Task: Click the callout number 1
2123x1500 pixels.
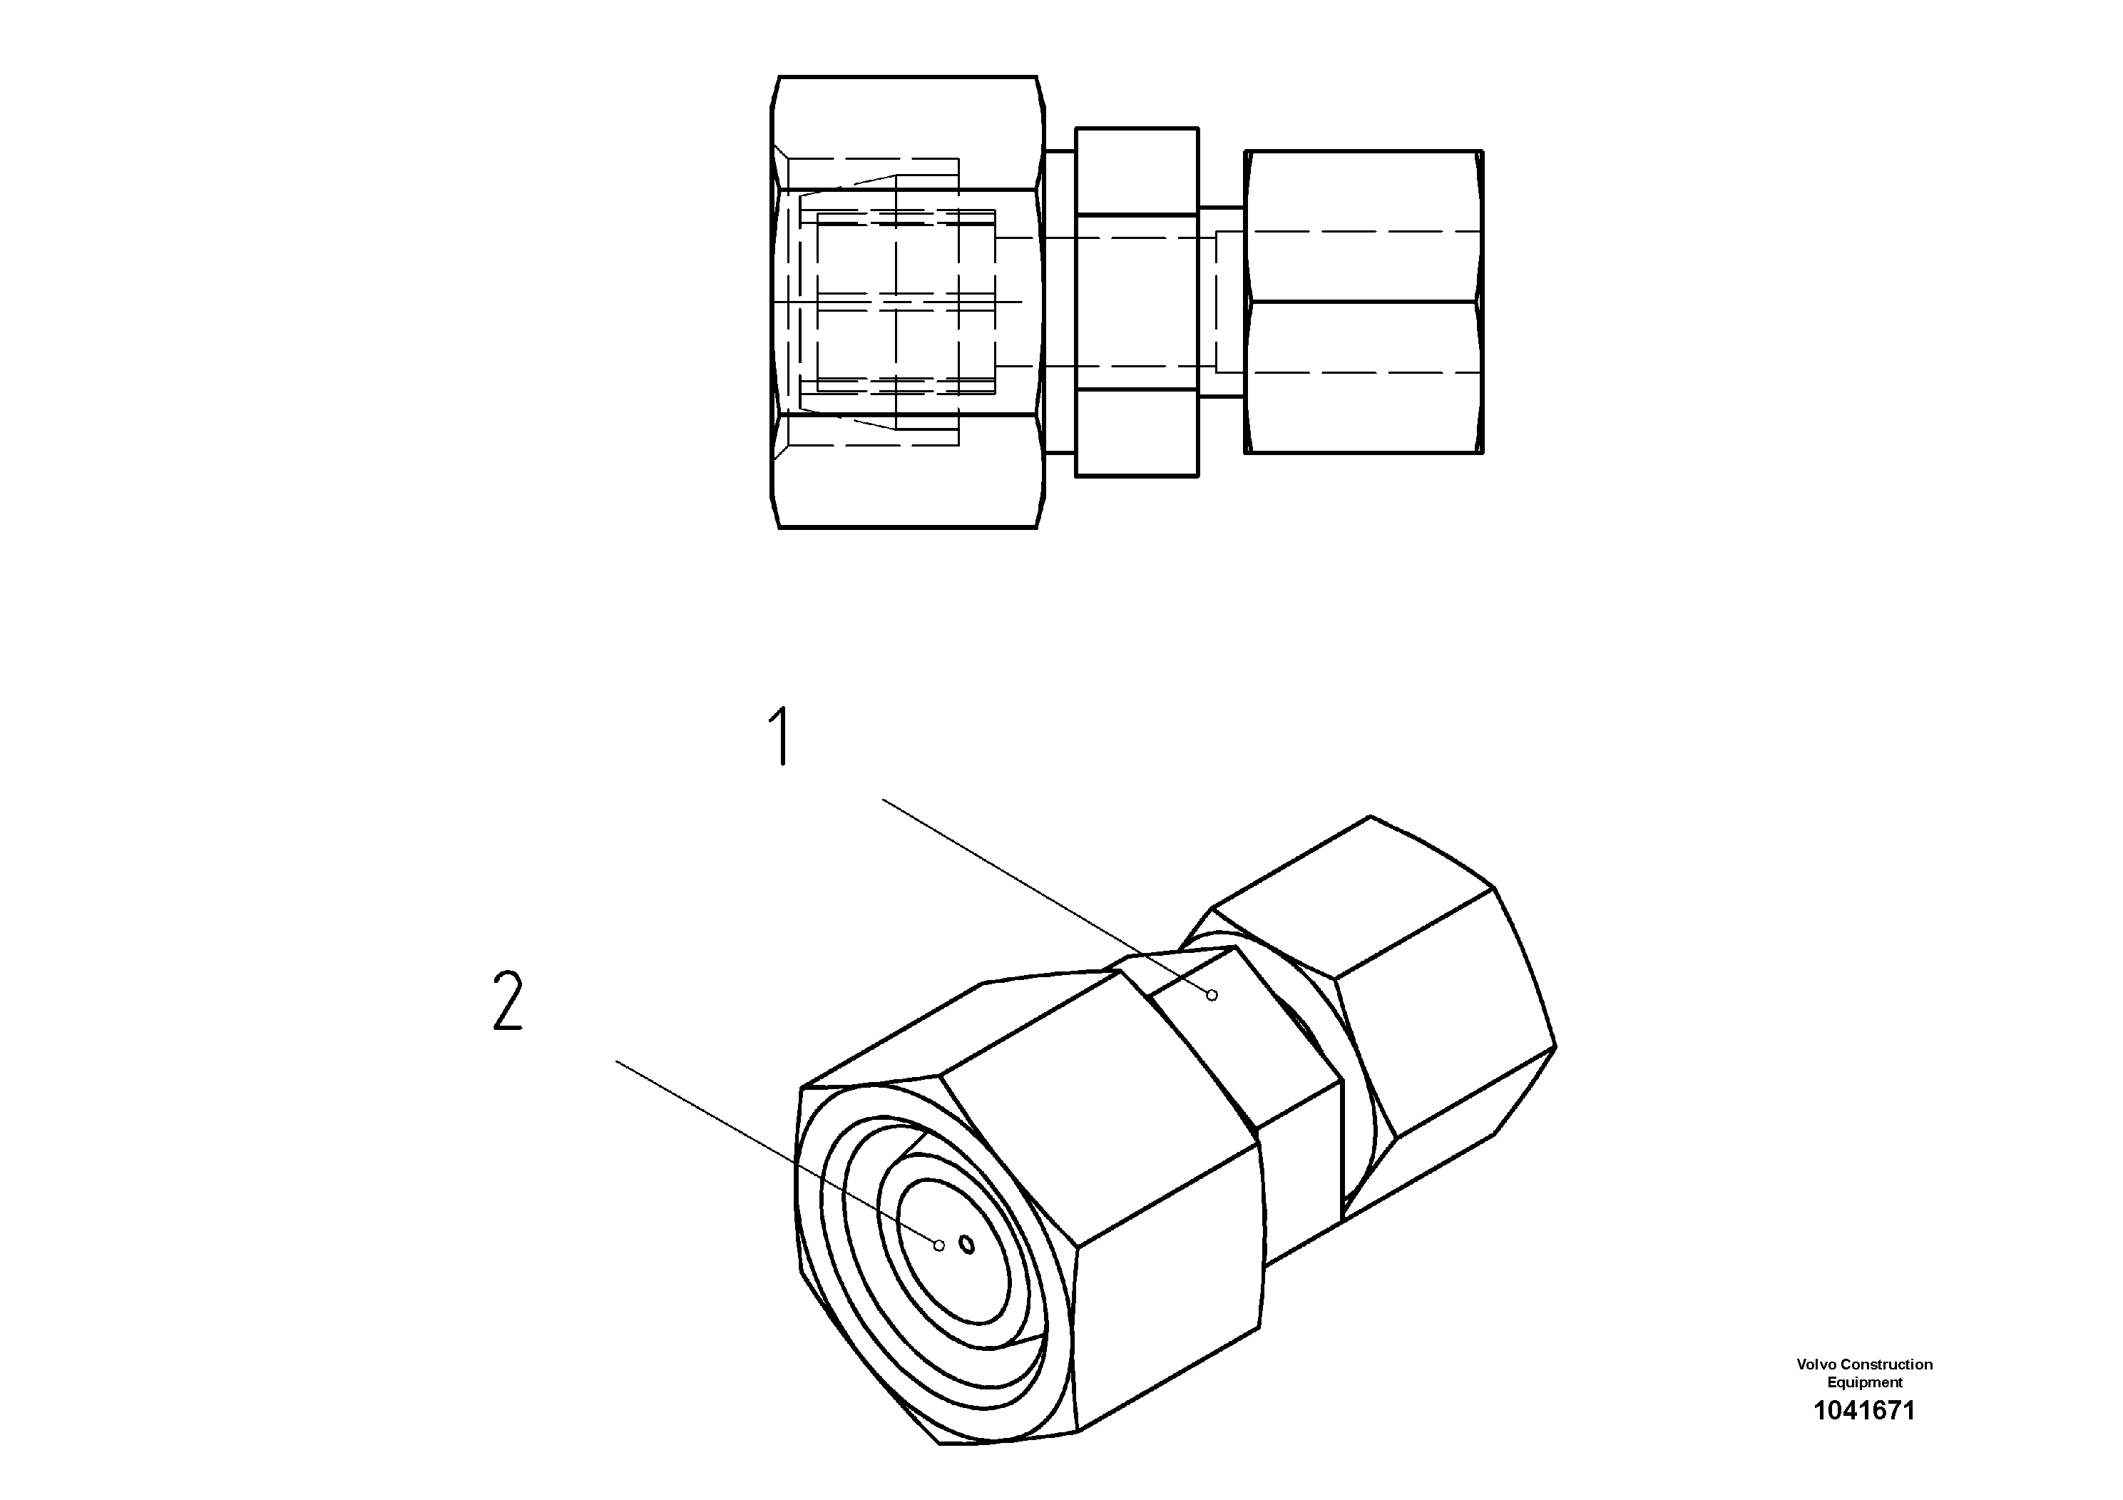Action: [x=782, y=736]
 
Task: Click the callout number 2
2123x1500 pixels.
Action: [x=508, y=1001]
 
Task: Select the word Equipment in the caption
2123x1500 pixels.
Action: [x=1864, y=1382]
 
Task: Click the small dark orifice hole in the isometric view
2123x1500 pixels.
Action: [x=967, y=1244]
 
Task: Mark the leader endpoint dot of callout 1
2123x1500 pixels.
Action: [x=1212, y=995]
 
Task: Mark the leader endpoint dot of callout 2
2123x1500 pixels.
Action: [x=939, y=1245]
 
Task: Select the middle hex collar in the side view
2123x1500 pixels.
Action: [x=1137, y=302]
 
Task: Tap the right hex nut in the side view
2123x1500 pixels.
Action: [x=1364, y=302]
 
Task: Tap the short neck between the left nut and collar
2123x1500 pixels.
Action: [x=1060, y=302]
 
